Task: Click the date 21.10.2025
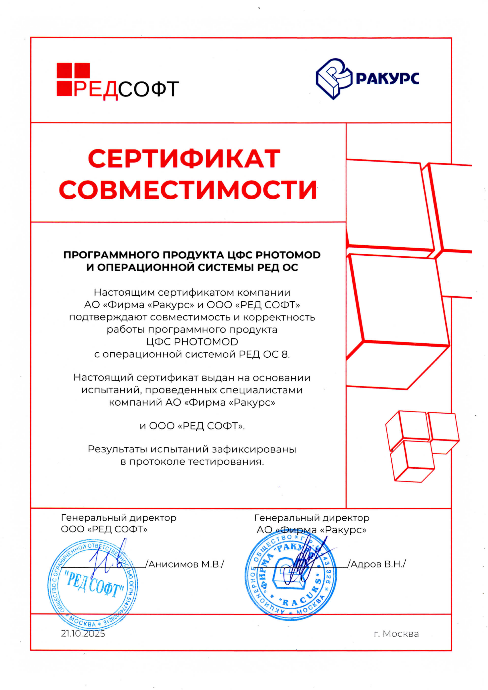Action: pos(83,634)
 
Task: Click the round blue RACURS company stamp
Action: pos(291,576)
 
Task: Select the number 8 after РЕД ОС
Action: pos(284,354)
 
